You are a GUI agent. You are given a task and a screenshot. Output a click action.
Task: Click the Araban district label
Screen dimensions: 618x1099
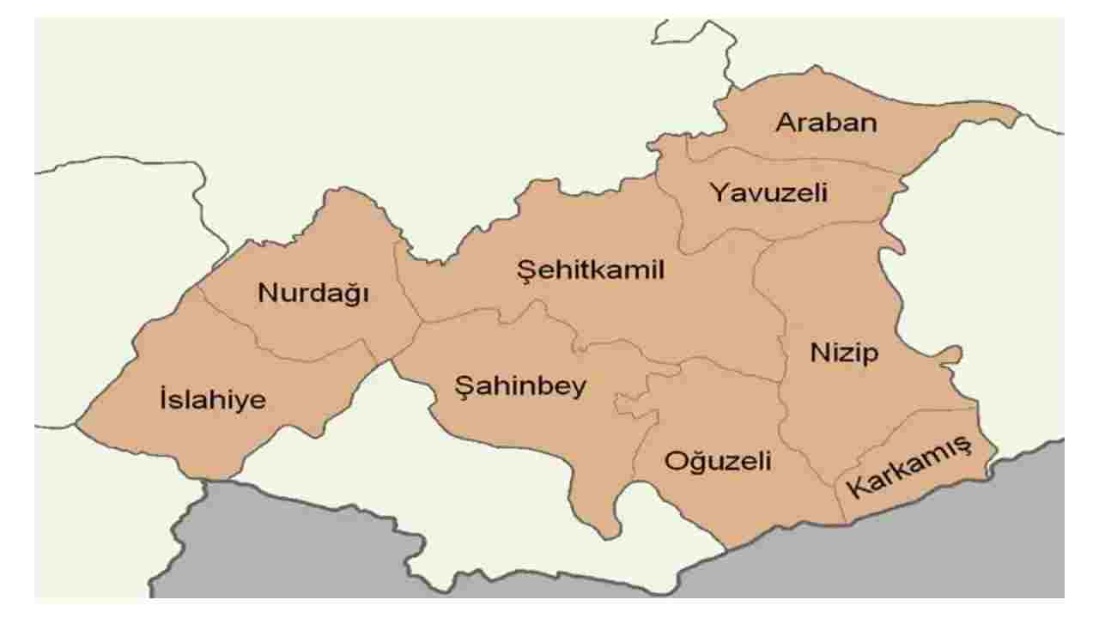coord(826,123)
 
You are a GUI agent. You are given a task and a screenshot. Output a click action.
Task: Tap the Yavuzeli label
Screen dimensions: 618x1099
coord(768,193)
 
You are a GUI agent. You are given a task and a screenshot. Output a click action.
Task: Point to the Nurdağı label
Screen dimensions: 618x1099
coord(313,294)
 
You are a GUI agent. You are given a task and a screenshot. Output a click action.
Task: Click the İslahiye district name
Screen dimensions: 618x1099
coord(213,400)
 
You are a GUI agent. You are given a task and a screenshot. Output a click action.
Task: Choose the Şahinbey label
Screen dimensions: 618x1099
coord(520,387)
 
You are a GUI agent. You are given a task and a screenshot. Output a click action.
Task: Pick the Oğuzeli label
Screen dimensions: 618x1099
coord(718,461)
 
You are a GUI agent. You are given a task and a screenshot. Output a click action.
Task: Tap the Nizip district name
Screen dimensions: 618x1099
coord(844,353)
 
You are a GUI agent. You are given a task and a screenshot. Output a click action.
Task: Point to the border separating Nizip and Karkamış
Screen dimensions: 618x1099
coord(902,433)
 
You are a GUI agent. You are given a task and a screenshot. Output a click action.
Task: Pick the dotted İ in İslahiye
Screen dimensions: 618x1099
coord(163,399)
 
